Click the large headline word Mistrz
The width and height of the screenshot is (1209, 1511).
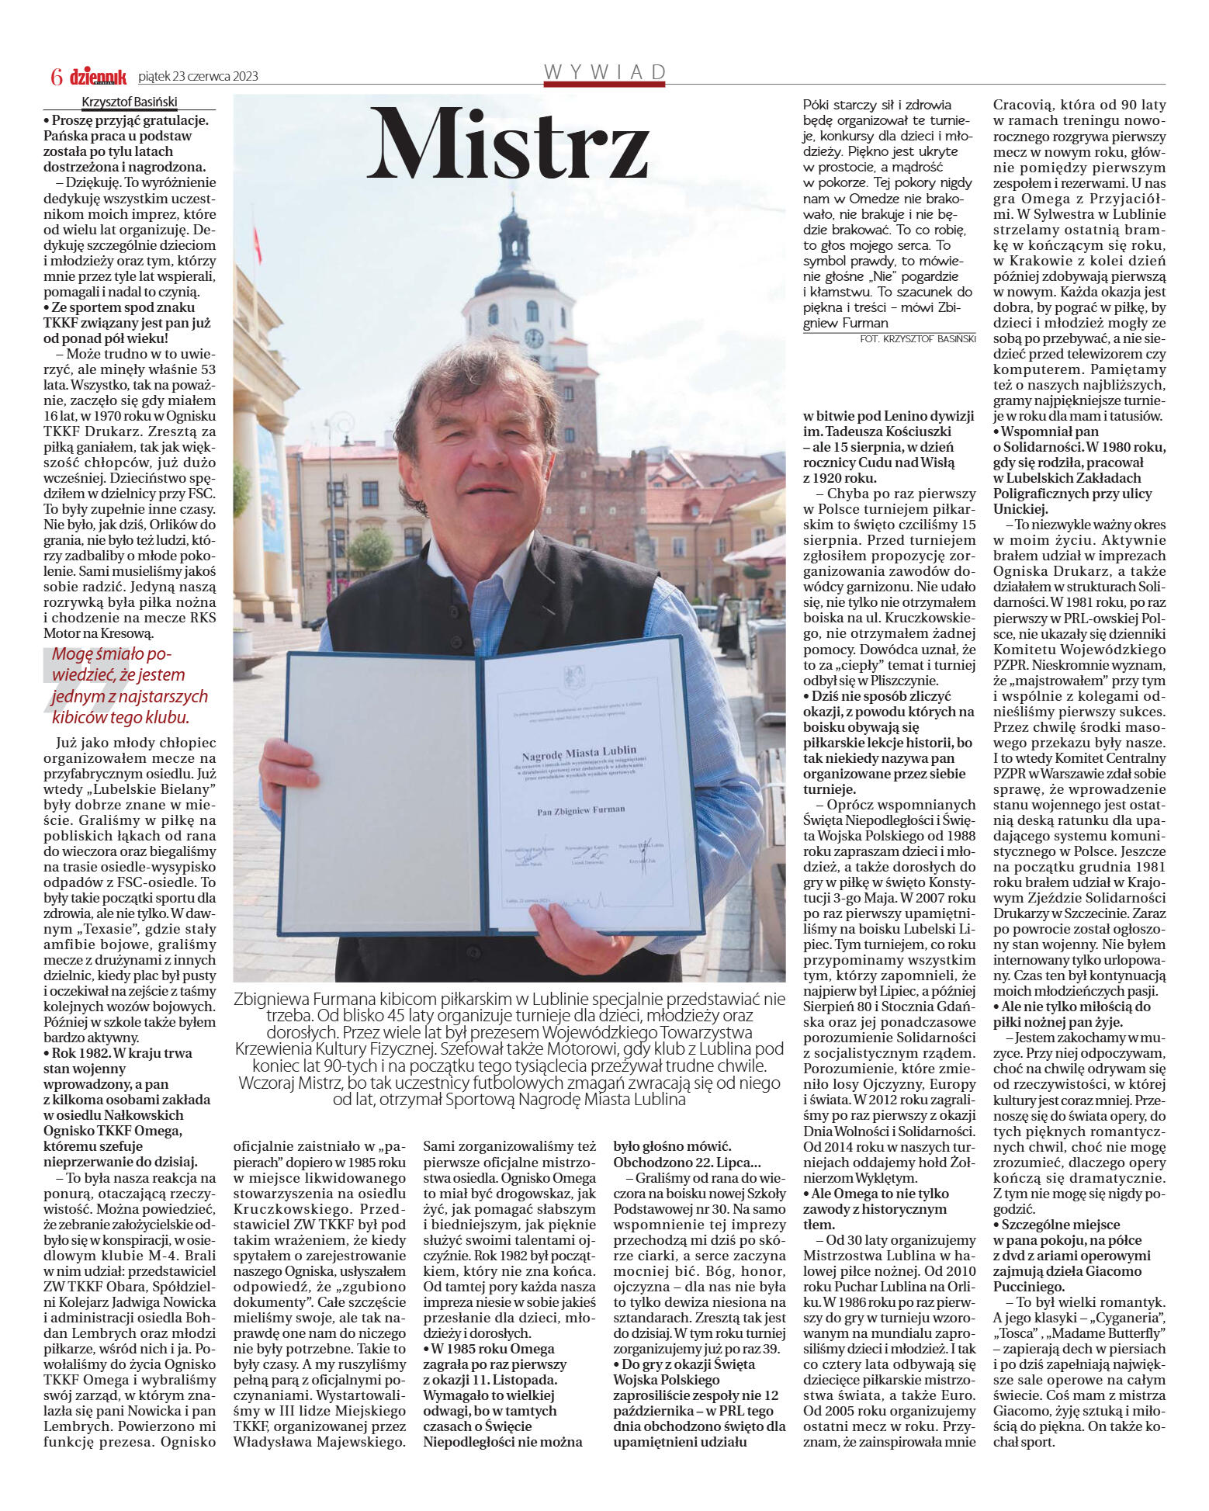[508, 144]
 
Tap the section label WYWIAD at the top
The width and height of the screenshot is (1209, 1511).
[605, 73]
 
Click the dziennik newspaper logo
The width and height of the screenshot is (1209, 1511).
[98, 77]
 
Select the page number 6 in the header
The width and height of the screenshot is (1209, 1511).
[56, 77]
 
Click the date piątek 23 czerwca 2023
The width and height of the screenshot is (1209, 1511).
[198, 77]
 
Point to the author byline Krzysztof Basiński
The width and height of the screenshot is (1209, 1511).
[130, 102]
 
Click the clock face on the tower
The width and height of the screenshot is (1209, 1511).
[533, 338]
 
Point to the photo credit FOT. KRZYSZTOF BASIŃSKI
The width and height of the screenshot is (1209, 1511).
[917, 339]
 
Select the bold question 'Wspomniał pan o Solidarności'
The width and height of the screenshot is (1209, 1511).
[1079, 470]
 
